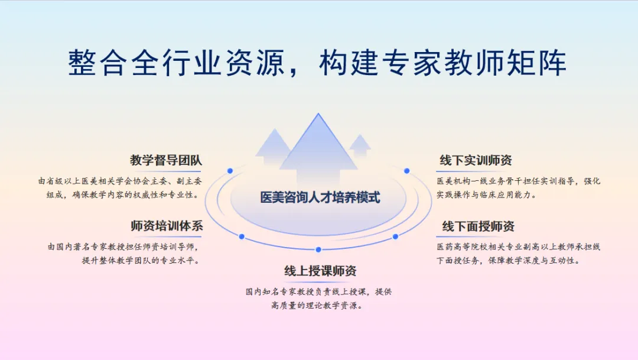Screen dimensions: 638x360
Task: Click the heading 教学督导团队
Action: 166,160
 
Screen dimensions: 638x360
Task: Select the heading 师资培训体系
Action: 166,226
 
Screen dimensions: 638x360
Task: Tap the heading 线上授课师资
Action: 320,271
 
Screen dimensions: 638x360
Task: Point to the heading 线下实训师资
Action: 475,160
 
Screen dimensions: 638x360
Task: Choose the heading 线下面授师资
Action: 478,226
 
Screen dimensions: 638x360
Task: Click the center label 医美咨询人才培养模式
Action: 320,197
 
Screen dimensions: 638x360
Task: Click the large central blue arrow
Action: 318,148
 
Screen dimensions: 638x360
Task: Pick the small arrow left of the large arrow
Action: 272,145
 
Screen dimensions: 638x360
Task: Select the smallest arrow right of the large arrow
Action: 360,144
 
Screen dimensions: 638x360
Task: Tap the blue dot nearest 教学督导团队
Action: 230,171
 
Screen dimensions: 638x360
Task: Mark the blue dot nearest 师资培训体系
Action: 242,236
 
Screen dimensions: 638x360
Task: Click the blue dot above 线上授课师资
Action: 318,249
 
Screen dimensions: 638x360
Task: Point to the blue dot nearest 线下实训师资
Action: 406,171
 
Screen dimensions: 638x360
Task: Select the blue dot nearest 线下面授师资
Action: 395,236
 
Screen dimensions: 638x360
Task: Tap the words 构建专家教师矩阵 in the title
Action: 442,63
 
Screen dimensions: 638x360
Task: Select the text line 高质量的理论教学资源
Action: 317,306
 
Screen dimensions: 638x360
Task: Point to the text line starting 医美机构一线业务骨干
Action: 518,181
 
